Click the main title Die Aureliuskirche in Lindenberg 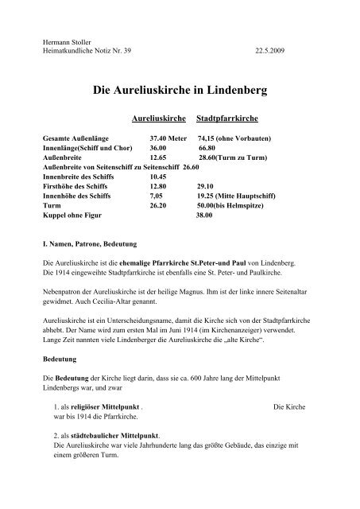click(180, 91)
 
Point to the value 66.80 click(207, 147)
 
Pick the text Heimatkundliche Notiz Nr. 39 click(83, 50)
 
